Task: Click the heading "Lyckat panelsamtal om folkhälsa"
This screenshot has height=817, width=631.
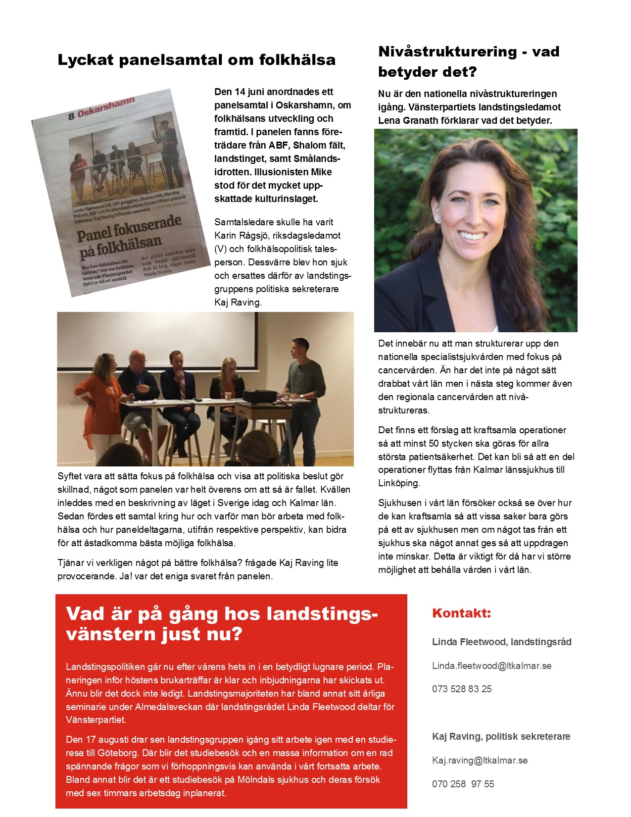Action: pos(196,60)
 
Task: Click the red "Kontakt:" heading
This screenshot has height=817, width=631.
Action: pos(461,613)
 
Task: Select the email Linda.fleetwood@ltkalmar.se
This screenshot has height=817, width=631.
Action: pos(491,665)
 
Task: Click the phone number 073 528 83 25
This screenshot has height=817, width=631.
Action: pos(462,689)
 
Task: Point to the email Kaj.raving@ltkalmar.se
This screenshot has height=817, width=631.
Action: pos(480,760)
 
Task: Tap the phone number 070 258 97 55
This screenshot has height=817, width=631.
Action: pos(463,784)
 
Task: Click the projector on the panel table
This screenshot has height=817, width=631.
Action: pos(259,396)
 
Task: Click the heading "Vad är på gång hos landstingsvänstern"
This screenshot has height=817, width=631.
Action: pos(222,623)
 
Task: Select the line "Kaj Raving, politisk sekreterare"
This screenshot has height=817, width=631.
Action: pos(501,736)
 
